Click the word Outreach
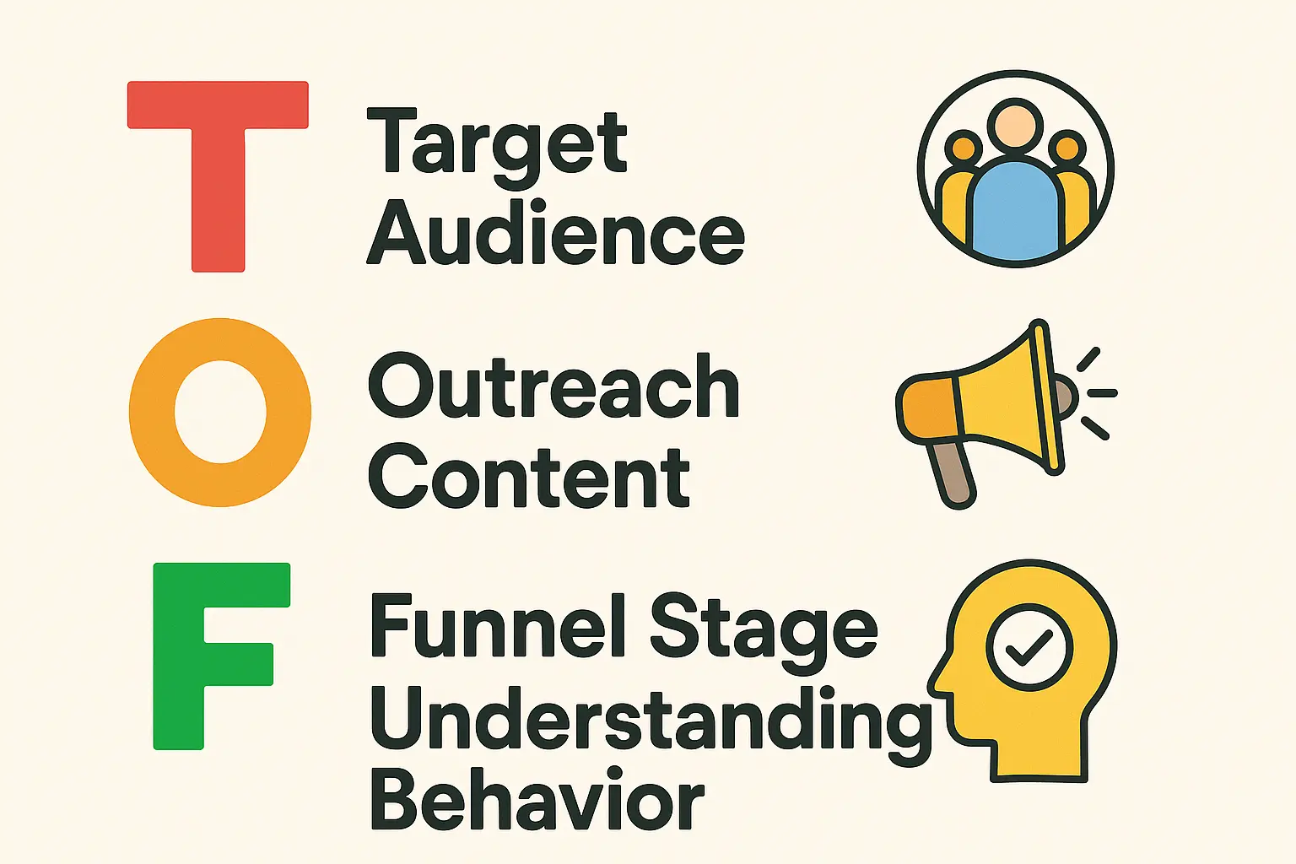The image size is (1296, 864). point(553,386)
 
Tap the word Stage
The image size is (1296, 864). point(763,634)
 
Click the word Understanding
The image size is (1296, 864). point(651,726)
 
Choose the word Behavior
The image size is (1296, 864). point(537,797)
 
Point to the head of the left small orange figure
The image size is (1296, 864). point(964,148)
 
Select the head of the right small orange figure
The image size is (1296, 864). point(1067,148)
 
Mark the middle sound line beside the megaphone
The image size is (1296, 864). point(1102,393)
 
